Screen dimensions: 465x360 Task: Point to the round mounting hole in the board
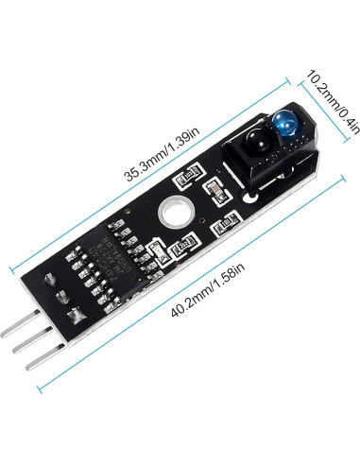(173, 215)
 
